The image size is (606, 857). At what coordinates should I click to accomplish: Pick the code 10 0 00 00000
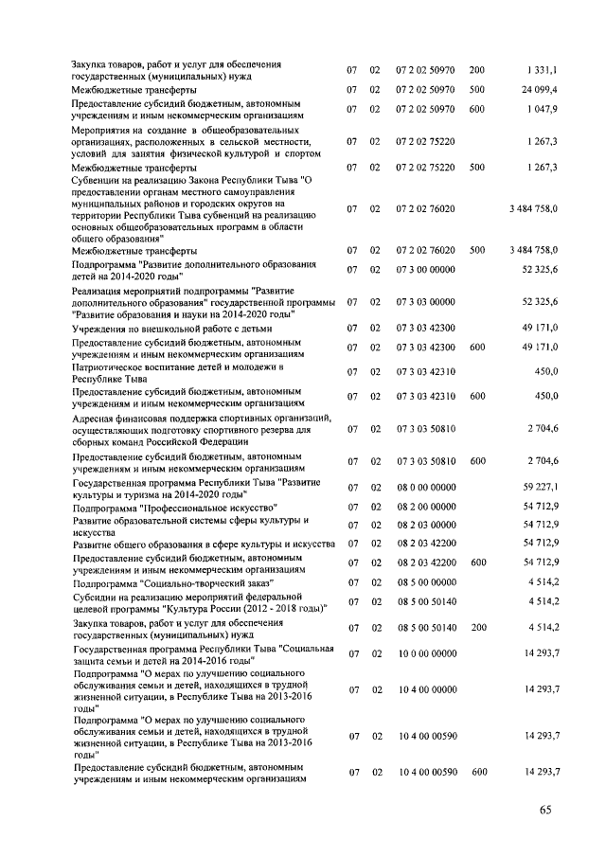pos(426,654)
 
